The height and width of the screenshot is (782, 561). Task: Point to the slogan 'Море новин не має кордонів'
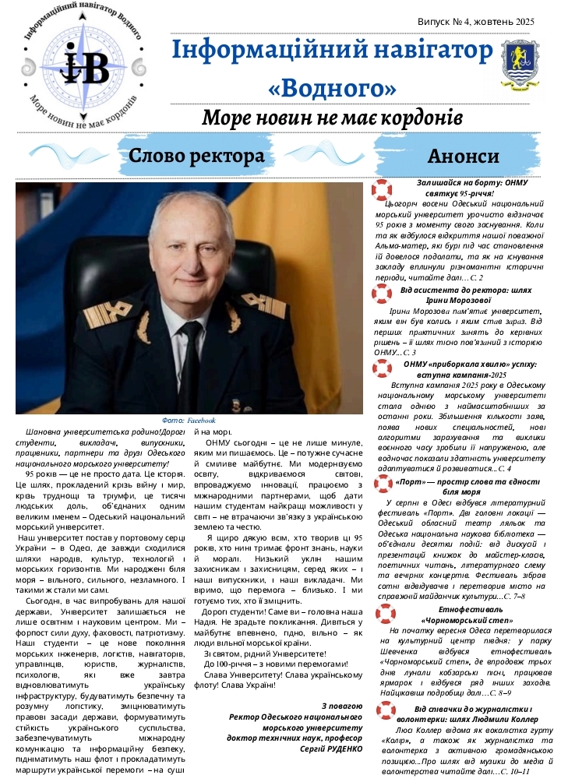[x=332, y=119]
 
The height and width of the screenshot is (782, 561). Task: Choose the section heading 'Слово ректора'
[x=197, y=155]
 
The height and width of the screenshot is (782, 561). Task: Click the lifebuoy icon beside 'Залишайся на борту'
[x=382, y=191]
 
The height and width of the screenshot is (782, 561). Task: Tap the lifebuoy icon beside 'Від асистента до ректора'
[x=382, y=294]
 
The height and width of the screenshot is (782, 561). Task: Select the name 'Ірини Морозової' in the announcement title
[x=464, y=300]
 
